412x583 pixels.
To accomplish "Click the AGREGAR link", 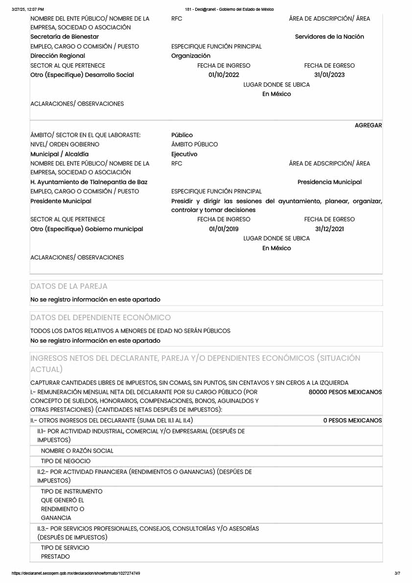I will [x=368, y=125].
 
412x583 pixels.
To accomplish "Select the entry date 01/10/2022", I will [x=224, y=75].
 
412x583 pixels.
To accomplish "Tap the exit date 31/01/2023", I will [x=329, y=75].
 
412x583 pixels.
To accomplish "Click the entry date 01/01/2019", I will [x=224, y=229].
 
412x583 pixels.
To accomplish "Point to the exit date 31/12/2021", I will [x=329, y=229].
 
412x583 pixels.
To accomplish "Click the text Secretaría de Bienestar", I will [x=65, y=37].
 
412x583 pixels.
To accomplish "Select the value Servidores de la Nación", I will [x=329, y=37].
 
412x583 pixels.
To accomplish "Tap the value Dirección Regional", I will [x=58, y=56].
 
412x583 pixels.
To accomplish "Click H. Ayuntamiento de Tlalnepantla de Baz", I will [x=89, y=182].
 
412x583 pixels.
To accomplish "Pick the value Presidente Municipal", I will [x=61, y=201].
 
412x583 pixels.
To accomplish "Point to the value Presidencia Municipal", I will [x=329, y=182].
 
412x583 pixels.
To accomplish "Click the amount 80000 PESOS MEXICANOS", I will [x=345, y=392].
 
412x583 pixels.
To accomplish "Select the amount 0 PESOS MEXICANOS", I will [x=352, y=420].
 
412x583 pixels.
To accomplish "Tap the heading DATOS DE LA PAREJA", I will [x=69, y=286].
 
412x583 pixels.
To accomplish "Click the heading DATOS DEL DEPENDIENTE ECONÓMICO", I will [x=100, y=318].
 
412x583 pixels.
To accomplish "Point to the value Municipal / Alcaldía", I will [x=60, y=154].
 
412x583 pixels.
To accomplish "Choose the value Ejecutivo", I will [x=184, y=154].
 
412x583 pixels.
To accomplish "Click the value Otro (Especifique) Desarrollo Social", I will [x=82, y=75].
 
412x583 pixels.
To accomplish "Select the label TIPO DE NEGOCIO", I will [x=66, y=461].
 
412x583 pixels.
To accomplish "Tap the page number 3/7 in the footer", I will [x=397, y=573].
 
